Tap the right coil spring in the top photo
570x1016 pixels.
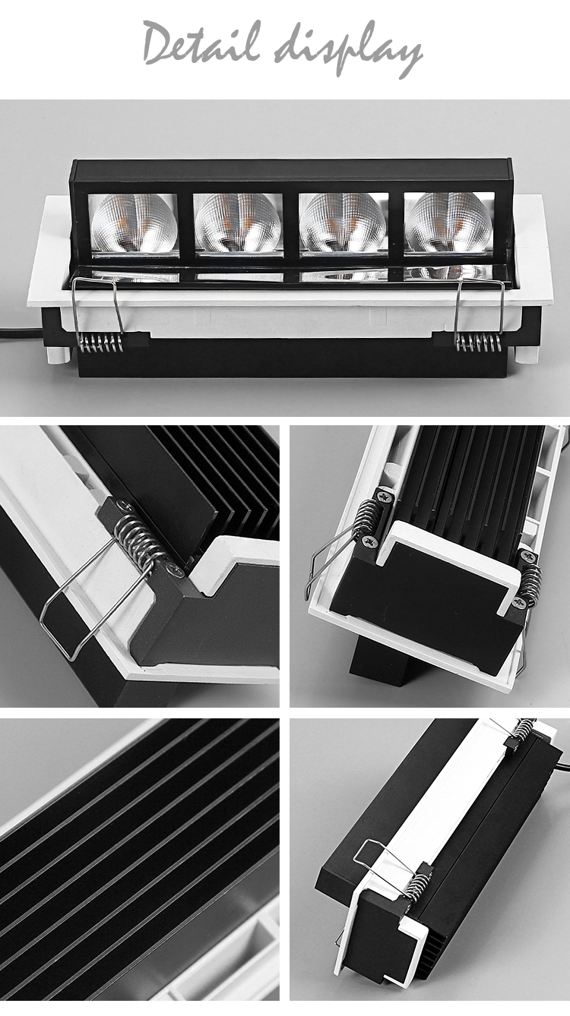click(477, 343)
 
